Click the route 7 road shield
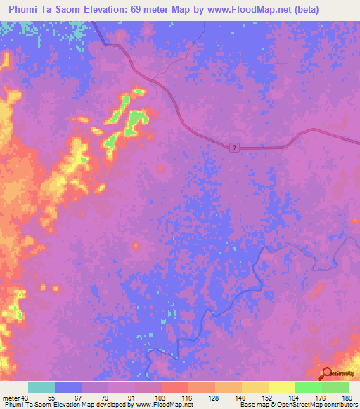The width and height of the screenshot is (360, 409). pyautogui.click(x=235, y=146)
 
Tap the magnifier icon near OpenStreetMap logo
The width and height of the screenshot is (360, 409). pyautogui.click(x=327, y=374)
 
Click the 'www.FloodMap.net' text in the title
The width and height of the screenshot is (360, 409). pyautogui.click(x=233, y=10)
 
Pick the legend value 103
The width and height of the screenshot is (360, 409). pyautogui.click(x=162, y=397)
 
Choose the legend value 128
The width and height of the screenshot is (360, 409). pyautogui.click(x=216, y=397)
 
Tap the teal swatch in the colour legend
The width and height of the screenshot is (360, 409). pyautogui.click(x=41, y=387)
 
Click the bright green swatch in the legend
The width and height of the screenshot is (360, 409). pyautogui.click(x=309, y=387)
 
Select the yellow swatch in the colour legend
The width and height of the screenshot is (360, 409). pyautogui.click(x=282, y=387)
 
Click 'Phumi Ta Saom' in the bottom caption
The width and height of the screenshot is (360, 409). pyautogui.click(x=27, y=405)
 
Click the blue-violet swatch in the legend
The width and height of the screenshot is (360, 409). pyautogui.click(x=68, y=387)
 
